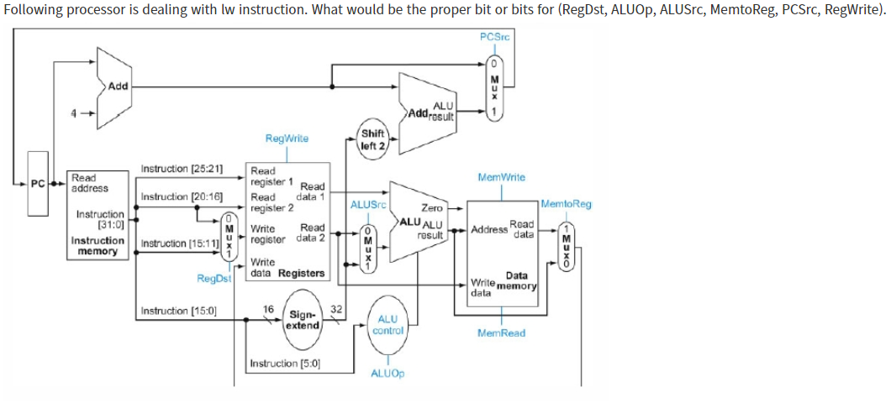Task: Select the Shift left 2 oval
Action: click(372, 139)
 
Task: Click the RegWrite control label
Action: click(287, 139)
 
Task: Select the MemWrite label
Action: click(501, 177)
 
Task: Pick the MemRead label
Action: click(501, 333)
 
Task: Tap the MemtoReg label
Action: click(567, 204)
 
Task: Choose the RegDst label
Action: click(213, 278)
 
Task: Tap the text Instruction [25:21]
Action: click(182, 169)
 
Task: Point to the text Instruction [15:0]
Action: click(179, 311)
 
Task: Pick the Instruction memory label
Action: click(98, 246)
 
